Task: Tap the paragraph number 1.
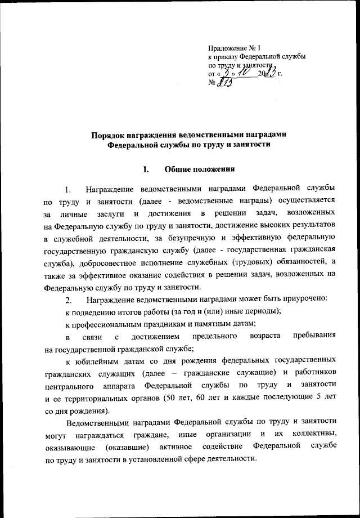(x=67, y=189)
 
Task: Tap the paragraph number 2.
(x=68, y=298)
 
